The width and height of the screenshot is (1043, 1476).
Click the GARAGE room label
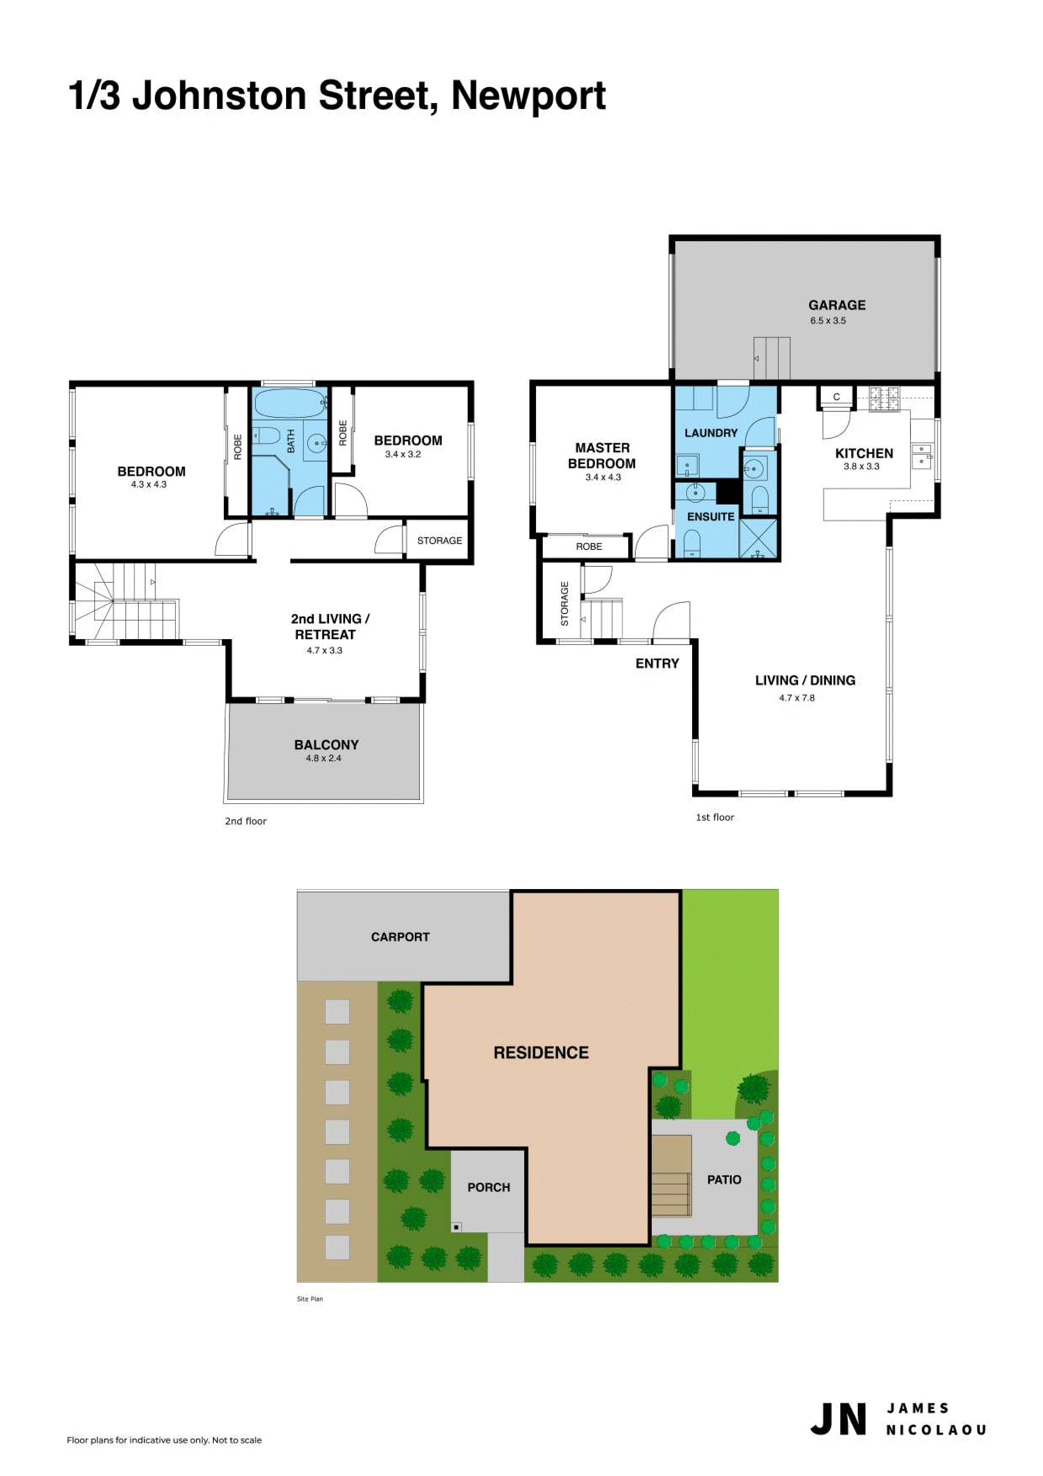pyautogui.click(x=837, y=305)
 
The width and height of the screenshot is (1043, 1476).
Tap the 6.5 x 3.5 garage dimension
pyautogui.click(x=828, y=321)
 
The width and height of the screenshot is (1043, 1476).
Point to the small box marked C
pyautogui.click(x=836, y=397)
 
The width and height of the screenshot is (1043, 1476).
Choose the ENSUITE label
pyautogui.click(x=711, y=516)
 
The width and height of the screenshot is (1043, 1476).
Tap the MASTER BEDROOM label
pyautogui.click(x=602, y=456)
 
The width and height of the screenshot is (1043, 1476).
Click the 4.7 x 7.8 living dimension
pyautogui.click(x=797, y=698)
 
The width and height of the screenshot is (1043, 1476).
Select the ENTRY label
pyautogui.click(x=657, y=664)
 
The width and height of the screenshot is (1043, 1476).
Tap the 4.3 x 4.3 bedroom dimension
pyautogui.click(x=149, y=485)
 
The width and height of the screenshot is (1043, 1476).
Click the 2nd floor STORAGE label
pyautogui.click(x=440, y=541)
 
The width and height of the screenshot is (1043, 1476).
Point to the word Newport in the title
pyautogui.click(x=528, y=96)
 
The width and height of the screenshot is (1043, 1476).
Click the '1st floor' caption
pyautogui.click(x=714, y=817)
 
